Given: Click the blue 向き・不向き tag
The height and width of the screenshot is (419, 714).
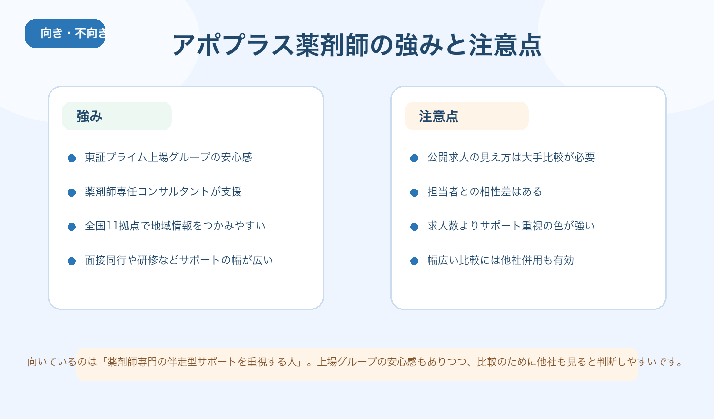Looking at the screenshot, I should (x=65, y=33).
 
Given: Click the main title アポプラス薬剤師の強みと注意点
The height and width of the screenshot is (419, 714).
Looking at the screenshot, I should (x=357, y=46).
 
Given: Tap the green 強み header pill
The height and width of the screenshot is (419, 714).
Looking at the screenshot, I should (x=117, y=116).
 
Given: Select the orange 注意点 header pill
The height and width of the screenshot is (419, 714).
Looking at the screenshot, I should (x=466, y=116).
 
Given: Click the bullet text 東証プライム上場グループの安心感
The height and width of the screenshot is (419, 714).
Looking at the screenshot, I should (x=168, y=158).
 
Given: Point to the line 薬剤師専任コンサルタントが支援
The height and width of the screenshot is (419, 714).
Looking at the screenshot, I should (x=163, y=192).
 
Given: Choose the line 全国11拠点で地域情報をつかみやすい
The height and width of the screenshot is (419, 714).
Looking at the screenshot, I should (x=175, y=226).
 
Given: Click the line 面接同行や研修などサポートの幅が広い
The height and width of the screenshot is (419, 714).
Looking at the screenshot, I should (x=178, y=260).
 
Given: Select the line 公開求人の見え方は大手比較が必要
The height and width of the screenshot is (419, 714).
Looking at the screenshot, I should (x=511, y=158).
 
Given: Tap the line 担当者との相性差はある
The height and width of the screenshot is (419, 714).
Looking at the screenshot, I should (x=485, y=192).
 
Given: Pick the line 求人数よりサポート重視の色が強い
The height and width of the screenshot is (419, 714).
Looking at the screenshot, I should (x=511, y=226).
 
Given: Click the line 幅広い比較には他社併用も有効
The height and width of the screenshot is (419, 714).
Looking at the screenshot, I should (x=500, y=260).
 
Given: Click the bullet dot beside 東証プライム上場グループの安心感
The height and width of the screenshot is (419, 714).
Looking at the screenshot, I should (x=72, y=158).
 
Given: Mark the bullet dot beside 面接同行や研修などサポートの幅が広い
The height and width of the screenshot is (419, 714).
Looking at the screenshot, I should (x=72, y=261).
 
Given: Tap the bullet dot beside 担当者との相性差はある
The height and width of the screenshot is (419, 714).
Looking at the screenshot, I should (x=414, y=192).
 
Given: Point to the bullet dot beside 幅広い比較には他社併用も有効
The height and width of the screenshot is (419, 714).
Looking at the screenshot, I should (x=414, y=261).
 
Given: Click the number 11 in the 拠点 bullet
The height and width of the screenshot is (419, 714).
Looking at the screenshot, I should (x=112, y=226).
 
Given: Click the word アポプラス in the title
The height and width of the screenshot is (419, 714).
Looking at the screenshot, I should (x=233, y=46).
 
